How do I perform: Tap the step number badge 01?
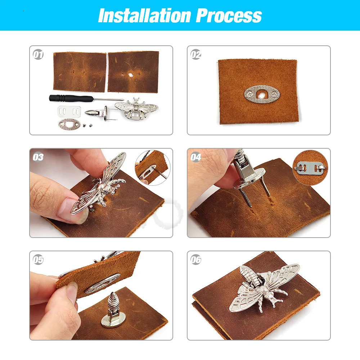point(38,55)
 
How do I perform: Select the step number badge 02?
point(196,55)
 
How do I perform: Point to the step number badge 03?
point(38,157)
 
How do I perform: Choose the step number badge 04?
point(196,157)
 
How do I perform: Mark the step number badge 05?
point(38,260)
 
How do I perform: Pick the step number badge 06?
point(196,260)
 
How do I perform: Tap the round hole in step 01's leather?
point(129,76)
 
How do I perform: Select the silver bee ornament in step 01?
point(136,108)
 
